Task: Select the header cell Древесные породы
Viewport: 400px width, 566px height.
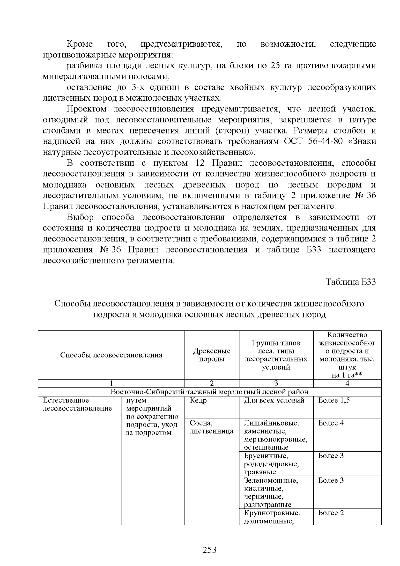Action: [212, 355]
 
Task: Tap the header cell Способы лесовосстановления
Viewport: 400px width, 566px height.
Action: [111, 355]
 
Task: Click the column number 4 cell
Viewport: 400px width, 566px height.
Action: [347, 383]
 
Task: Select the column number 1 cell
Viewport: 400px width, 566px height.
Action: [111, 383]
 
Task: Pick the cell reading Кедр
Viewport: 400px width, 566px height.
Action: [198, 401]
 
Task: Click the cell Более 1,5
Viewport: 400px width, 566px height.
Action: [334, 401]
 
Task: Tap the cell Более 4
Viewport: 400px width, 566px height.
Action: [331, 423]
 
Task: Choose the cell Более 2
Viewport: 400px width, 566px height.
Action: [331, 513]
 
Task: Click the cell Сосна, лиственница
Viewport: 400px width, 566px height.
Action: [211, 427]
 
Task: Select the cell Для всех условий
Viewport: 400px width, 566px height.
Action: [274, 401]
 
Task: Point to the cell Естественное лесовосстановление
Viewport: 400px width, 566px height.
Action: [77, 405]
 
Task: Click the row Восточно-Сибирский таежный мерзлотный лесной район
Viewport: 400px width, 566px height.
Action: [209, 392]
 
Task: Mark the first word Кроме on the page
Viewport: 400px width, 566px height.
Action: [80, 44]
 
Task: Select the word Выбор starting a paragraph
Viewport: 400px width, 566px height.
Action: [80, 217]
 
